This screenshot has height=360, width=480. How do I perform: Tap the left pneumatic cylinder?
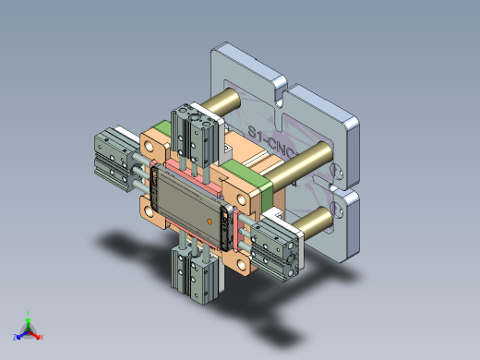pos(114,160)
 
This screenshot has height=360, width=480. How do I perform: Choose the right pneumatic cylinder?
pos(275,247)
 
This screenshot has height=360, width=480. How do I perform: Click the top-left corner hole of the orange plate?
pos(149,145)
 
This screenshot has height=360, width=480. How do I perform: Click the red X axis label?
pos(42,337)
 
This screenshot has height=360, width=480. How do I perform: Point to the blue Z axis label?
pos(16,337)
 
